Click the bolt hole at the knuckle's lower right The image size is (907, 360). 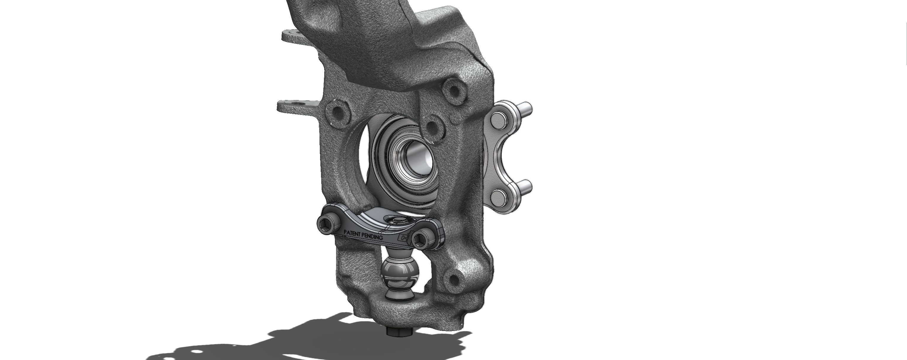[454, 280]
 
